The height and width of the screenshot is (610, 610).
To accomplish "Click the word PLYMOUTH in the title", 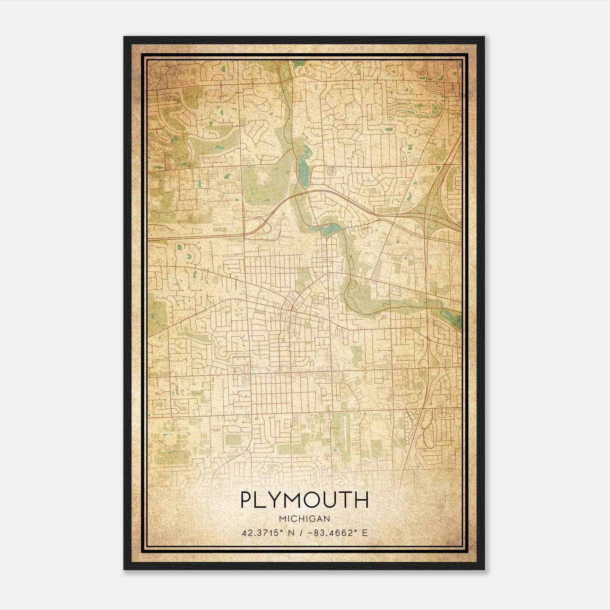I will (304, 500).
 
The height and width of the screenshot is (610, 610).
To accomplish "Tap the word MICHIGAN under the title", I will (304, 518).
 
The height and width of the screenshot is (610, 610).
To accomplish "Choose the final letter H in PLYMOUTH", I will (361, 500).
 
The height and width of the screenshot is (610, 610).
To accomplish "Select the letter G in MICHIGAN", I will (313, 518).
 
